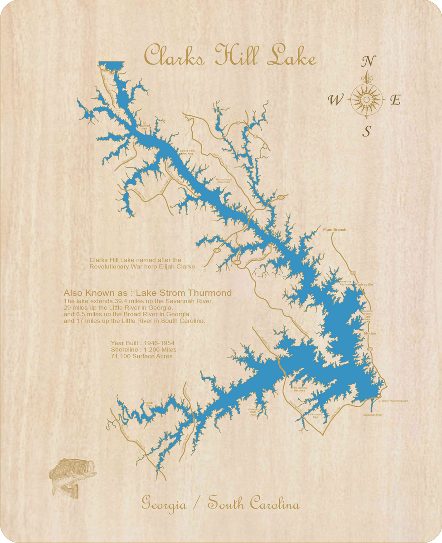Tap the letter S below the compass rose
(x=367, y=131)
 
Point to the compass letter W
(x=335, y=100)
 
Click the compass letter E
(x=395, y=100)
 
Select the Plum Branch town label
(x=335, y=230)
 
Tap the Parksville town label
(x=364, y=284)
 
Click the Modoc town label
(x=370, y=333)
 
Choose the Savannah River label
(x=373, y=414)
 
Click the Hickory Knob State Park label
(x=223, y=181)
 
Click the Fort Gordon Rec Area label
(x=299, y=389)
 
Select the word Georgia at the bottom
(x=164, y=504)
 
